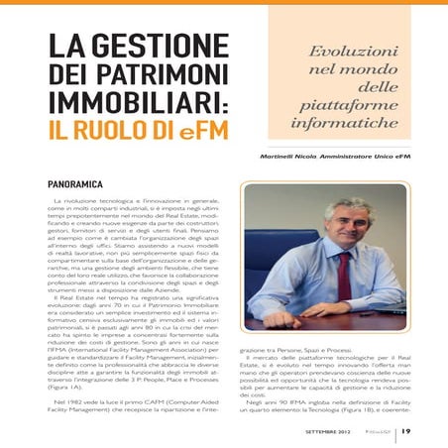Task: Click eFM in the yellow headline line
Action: click(210, 130)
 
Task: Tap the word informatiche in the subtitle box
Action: click(351, 126)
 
